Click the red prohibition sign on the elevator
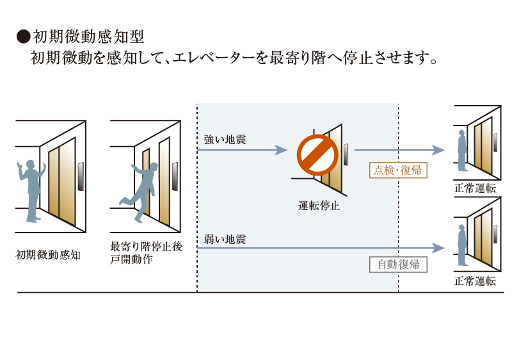tap(317, 154)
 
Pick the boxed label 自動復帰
tap(398, 264)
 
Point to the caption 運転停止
tap(318, 206)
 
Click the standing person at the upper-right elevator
tap(461, 151)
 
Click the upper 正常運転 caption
tap(475, 188)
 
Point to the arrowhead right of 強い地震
tap(281, 151)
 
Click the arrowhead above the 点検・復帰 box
tap(438, 151)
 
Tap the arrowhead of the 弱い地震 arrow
tap(438, 248)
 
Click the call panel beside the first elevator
tap(81, 177)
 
